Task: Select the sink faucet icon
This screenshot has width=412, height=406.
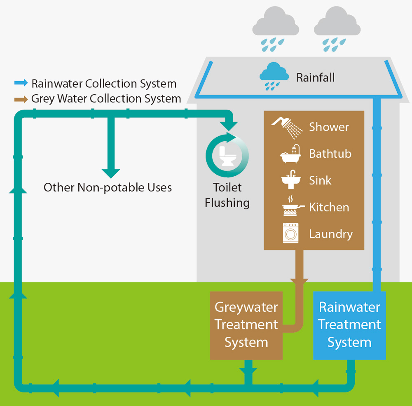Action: coord(290,180)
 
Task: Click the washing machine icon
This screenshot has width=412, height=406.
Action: coord(290,233)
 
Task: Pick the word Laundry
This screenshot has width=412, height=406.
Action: coord(331,234)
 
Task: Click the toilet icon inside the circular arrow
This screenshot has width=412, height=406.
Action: coord(227,155)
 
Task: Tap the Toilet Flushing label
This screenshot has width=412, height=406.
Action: coord(227,195)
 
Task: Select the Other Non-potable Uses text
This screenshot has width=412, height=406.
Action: coord(108,188)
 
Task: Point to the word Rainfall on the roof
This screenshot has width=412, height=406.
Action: coord(315,77)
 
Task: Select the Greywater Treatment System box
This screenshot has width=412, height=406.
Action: coord(246,325)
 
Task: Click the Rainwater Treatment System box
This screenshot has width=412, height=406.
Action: coord(349,325)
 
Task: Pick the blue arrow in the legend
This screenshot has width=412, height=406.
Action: coord(21,84)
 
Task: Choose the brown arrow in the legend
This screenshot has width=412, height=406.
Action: coord(21,99)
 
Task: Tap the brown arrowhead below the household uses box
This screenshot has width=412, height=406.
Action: coord(299,282)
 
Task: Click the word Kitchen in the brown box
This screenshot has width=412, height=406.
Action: coord(329,208)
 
